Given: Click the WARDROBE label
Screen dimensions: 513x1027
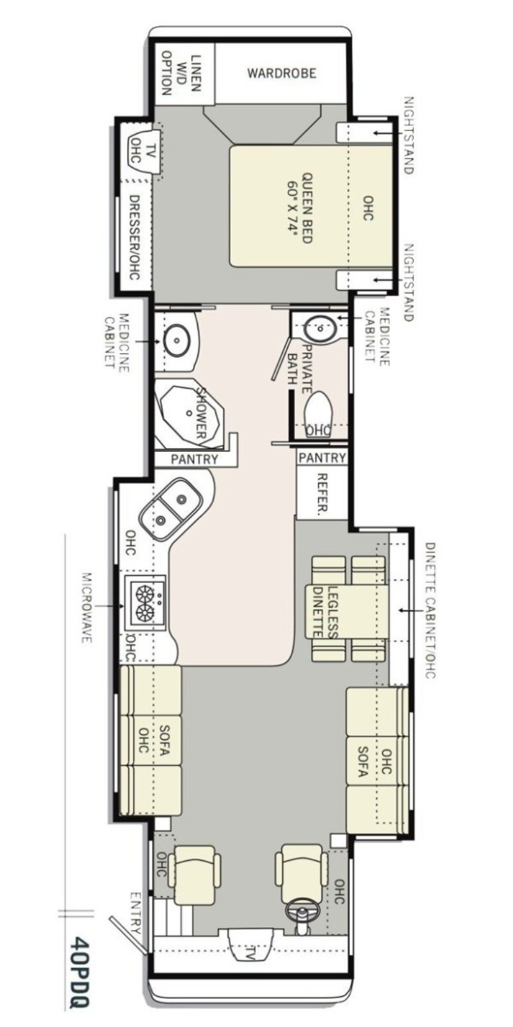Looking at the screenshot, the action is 282,73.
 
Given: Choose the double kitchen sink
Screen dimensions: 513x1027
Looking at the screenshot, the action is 171,509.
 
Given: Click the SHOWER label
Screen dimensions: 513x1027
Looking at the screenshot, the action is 202,412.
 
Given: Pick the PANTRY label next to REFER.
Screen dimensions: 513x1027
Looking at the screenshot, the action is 322,458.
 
